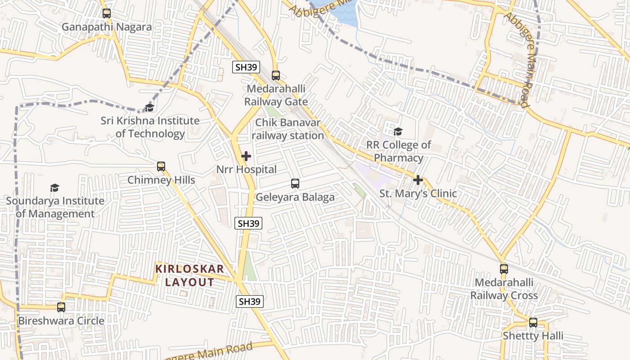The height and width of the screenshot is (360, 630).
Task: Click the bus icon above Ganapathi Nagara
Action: point(106,13)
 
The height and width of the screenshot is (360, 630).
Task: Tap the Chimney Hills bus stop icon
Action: point(161,166)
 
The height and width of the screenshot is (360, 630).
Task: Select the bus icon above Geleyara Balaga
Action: point(295,184)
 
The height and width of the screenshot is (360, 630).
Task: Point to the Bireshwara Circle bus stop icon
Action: point(61,307)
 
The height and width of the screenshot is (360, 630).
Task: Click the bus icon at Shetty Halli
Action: point(533,323)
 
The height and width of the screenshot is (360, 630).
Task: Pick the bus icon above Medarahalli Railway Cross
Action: point(504,269)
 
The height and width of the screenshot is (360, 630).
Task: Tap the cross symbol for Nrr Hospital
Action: point(246,156)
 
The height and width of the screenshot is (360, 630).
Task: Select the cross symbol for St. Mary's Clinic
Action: point(418,180)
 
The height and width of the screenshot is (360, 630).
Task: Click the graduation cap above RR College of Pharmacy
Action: point(398,131)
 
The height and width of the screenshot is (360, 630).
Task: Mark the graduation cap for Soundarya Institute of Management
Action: point(54,188)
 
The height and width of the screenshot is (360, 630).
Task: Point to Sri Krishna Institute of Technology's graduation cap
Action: point(149,108)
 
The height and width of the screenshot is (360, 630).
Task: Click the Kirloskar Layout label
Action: point(189,275)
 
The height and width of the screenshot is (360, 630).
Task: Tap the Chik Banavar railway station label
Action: point(288,129)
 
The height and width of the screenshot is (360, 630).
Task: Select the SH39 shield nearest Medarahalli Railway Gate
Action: point(246,67)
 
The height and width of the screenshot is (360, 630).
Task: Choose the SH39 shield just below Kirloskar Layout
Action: point(249,301)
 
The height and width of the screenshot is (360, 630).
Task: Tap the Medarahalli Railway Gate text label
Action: point(276,95)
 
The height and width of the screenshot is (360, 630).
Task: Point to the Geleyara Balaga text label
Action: point(295,197)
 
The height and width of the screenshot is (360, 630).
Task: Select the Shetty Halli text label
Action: point(533,336)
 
